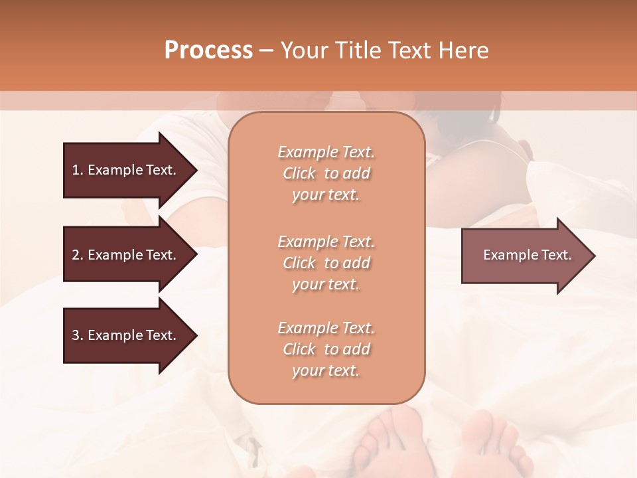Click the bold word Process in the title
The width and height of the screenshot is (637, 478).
(x=208, y=50)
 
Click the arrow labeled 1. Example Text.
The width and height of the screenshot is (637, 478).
(x=126, y=170)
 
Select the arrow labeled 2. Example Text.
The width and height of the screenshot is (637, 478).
(x=126, y=255)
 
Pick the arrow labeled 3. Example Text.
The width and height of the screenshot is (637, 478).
(x=126, y=335)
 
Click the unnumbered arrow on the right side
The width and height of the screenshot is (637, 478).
(x=524, y=255)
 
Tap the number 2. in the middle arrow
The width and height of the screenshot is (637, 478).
(x=78, y=255)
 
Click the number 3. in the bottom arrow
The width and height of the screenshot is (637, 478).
(x=78, y=335)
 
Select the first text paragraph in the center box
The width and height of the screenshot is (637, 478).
(x=326, y=173)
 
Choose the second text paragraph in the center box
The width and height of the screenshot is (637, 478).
(x=326, y=263)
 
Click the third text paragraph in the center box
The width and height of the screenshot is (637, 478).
(x=326, y=349)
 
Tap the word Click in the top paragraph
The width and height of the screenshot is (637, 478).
(x=299, y=173)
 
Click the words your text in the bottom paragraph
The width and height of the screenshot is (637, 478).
(x=326, y=371)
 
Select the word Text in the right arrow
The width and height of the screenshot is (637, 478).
(x=557, y=255)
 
